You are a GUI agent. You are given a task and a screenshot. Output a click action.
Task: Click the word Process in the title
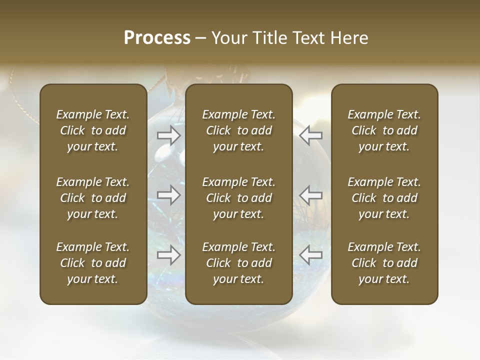pyautogui.click(x=156, y=38)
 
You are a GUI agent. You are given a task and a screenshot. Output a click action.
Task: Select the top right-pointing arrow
pyautogui.click(x=168, y=135)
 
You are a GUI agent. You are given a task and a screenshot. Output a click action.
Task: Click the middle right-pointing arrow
pyautogui.click(x=168, y=195)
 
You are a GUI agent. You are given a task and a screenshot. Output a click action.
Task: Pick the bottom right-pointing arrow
pyautogui.click(x=168, y=255)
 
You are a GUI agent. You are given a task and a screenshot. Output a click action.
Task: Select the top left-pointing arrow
pyautogui.click(x=310, y=135)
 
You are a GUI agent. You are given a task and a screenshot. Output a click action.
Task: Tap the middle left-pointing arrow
pyautogui.click(x=310, y=195)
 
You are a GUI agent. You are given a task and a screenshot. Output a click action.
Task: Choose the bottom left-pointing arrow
pyautogui.click(x=310, y=255)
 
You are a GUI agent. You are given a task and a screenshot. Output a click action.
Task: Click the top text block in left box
pyautogui.click(x=93, y=130)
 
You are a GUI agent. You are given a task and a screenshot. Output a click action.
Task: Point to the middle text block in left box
pyautogui.click(x=93, y=198)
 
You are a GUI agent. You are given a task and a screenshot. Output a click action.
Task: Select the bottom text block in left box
pyautogui.click(x=93, y=263)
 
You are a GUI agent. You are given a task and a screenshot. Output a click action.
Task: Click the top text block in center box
pyautogui.click(x=238, y=130)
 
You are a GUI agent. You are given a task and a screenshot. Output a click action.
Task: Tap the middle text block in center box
pyautogui.click(x=238, y=198)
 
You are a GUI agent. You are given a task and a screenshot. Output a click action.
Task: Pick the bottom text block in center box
pyautogui.click(x=238, y=263)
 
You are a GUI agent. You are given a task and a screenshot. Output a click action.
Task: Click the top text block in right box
pyautogui.click(x=384, y=130)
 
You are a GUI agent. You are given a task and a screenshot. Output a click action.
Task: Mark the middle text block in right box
pyautogui.click(x=384, y=198)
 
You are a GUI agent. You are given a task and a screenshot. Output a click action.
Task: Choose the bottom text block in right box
pyautogui.click(x=384, y=263)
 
